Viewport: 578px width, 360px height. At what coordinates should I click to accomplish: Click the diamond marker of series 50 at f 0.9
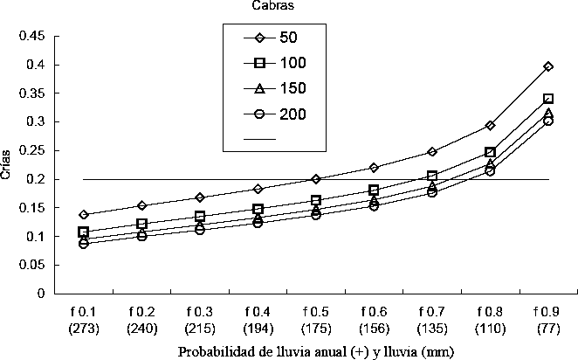tap(548, 66)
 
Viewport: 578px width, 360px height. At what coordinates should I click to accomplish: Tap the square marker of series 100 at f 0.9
tap(548, 99)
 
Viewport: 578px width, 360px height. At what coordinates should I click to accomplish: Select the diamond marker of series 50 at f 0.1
tap(84, 214)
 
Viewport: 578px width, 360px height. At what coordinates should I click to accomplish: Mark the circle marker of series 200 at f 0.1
tap(84, 244)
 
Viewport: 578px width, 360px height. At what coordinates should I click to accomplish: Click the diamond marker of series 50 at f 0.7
tap(432, 152)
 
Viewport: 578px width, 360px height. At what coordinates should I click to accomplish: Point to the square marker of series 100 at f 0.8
tap(490, 152)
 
